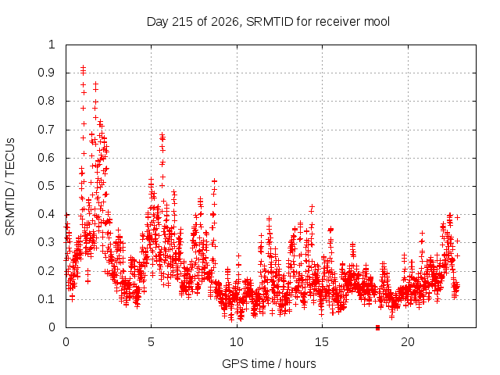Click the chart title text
tap(268, 22)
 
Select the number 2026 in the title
tap(223, 22)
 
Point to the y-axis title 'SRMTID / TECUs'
tap(10, 187)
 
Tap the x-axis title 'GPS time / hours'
tap(269, 363)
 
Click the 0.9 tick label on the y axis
tap(46, 73)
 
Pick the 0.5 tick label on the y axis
tap(46, 186)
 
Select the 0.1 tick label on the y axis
tap(46, 299)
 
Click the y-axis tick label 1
tap(52, 45)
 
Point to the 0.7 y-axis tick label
tap(46, 130)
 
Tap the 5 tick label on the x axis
tap(151, 342)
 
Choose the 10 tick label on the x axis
tap(237, 342)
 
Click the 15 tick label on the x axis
tap(322, 342)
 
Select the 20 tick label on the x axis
tap(408, 342)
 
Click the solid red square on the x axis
tap(378, 327)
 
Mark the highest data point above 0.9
tap(84, 67)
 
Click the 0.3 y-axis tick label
tap(46, 243)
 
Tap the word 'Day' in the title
tap(157, 22)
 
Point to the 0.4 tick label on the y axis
tap(46, 214)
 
